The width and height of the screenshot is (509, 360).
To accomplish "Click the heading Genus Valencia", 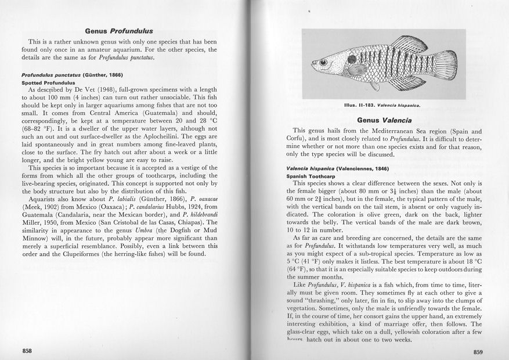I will coord(381,120).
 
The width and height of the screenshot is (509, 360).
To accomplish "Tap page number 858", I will coord(27,350).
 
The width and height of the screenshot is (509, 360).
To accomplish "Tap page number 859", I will coord(478,351).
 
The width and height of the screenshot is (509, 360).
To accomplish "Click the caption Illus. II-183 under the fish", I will coord(381,106).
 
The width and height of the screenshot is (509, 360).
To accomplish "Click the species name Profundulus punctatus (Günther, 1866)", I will coord(72,75).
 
